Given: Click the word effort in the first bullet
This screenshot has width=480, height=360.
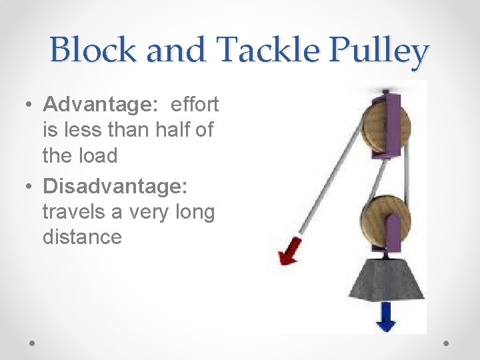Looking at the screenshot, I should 195,105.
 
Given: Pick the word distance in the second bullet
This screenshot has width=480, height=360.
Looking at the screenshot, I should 82,237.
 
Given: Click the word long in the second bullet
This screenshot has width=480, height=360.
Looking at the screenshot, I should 193,212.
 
